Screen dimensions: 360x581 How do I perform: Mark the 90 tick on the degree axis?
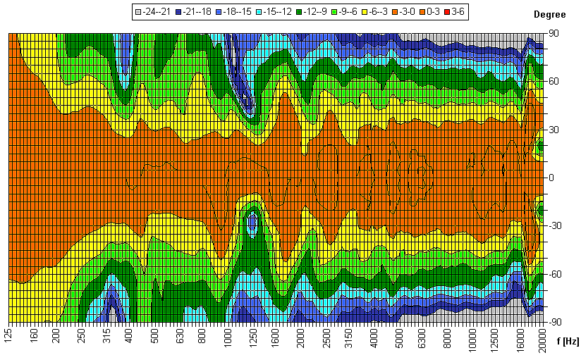click(554, 33)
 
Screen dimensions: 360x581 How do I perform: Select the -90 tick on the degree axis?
click(556, 321)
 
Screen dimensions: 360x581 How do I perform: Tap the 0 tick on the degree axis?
click(551, 178)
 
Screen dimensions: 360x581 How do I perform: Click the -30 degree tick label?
click(556, 225)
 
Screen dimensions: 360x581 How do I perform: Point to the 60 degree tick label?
click(554, 81)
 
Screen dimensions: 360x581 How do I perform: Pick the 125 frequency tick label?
click(9, 335)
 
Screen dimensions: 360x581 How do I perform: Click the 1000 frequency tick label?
click(228, 336)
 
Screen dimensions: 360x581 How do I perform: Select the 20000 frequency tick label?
click(542, 339)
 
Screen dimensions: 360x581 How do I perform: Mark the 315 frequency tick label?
click(106, 335)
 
